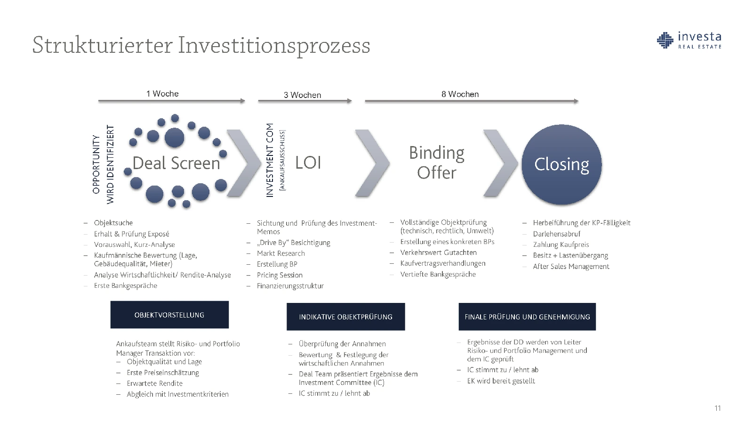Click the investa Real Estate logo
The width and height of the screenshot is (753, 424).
(689, 41)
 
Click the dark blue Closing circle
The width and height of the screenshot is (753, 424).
(561, 164)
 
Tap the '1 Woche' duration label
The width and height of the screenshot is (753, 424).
(162, 94)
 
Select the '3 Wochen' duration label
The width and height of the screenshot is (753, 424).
(302, 95)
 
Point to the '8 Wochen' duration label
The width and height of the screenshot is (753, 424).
(460, 94)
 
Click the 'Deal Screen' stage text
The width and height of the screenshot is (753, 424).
(176, 163)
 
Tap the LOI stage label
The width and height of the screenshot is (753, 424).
(308, 163)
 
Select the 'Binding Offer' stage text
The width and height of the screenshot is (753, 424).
(437, 163)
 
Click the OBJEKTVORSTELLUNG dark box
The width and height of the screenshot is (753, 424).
(169, 315)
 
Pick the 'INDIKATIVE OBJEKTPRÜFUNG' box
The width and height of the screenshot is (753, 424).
(345, 317)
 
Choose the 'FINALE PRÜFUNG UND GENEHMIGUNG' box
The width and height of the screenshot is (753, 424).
(527, 317)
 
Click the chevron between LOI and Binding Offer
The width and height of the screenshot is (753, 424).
(372, 163)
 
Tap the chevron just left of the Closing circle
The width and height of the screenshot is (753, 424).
(501, 163)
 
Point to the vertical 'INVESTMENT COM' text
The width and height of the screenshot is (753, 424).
(270, 160)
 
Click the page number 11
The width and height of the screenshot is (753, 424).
(718, 408)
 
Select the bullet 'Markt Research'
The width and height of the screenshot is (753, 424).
(280, 253)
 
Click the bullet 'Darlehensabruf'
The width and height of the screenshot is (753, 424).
(557, 234)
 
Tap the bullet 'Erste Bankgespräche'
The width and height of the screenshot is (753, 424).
(125, 285)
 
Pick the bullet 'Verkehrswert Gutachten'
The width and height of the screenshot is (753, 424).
(438, 253)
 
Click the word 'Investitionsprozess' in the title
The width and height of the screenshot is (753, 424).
(274, 45)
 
